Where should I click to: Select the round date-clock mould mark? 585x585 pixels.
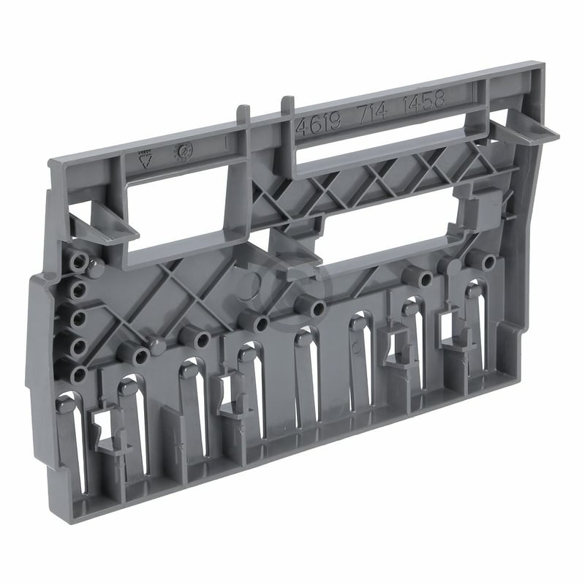pyautogui.click(x=181, y=150)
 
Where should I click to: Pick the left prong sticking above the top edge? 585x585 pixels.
pyautogui.click(x=243, y=117)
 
